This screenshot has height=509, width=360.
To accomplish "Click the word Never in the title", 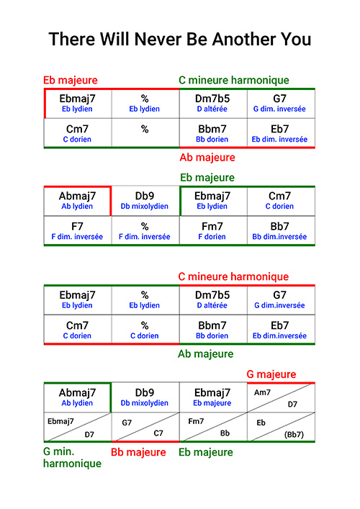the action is tap(158, 40).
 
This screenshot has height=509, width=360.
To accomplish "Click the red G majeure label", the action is tap(271, 374).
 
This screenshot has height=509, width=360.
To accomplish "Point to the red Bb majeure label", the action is tap(139, 452).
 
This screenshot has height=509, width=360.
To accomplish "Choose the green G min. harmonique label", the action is tap(73, 457).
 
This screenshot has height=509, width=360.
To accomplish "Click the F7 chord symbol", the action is tap(77, 226).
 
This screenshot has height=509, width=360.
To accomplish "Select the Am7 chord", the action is tap(262, 392).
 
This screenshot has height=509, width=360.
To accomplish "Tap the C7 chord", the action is tap(158, 433).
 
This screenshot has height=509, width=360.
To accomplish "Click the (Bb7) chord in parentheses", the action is tap(294, 434).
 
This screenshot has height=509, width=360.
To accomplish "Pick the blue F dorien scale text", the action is tap(212, 237).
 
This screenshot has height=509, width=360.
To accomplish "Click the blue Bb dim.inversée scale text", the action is tap(279, 237).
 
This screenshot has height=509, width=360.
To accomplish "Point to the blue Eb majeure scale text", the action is tap(212, 403).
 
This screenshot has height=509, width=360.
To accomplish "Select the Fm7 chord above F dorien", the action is tap(212, 226).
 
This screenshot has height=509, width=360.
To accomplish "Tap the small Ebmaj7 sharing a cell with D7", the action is tap(60, 421).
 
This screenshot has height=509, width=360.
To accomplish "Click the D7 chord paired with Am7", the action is tap(292, 404).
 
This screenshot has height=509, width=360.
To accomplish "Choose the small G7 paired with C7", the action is tap(127, 423).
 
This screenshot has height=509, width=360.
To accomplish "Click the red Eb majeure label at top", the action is tap(71, 80).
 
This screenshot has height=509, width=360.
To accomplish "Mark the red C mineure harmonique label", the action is tap(233, 276).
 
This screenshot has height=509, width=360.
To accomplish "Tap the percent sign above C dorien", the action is tap(145, 325).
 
